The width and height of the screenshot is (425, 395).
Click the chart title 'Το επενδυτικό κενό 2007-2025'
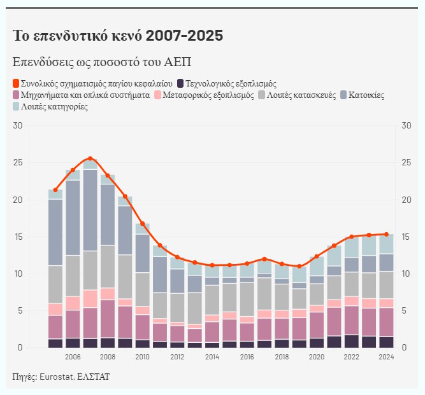click(x=118, y=36)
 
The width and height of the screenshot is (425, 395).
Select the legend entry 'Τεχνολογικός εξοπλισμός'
click(x=231, y=83)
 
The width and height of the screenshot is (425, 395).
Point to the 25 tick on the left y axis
click(x=17, y=163)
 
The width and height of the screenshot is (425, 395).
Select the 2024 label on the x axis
click(x=385, y=357)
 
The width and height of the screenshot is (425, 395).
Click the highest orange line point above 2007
click(x=90, y=158)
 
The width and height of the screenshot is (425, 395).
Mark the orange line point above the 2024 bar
click(x=386, y=234)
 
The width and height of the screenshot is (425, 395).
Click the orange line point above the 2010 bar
click(x=142, y=224)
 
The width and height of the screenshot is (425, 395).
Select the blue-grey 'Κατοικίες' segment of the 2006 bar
click(x=73, y=218)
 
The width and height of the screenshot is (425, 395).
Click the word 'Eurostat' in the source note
click(x=57, y=377)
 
